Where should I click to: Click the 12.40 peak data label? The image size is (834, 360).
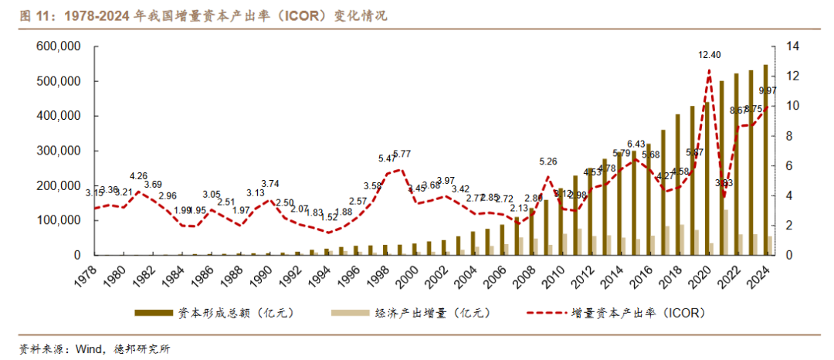[710, 55]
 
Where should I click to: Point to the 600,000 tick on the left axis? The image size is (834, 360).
[60, 46]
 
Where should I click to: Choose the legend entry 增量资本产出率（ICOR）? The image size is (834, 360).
[625, 313]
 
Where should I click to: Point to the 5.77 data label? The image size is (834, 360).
[402, 154]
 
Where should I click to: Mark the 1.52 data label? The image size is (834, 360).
[330, 218]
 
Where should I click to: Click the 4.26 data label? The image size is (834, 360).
[139, 175]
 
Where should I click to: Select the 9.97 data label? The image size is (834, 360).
[768, 91]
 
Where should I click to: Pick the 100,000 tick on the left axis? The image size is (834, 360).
[60, 220]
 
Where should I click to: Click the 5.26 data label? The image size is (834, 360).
[548, 161]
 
